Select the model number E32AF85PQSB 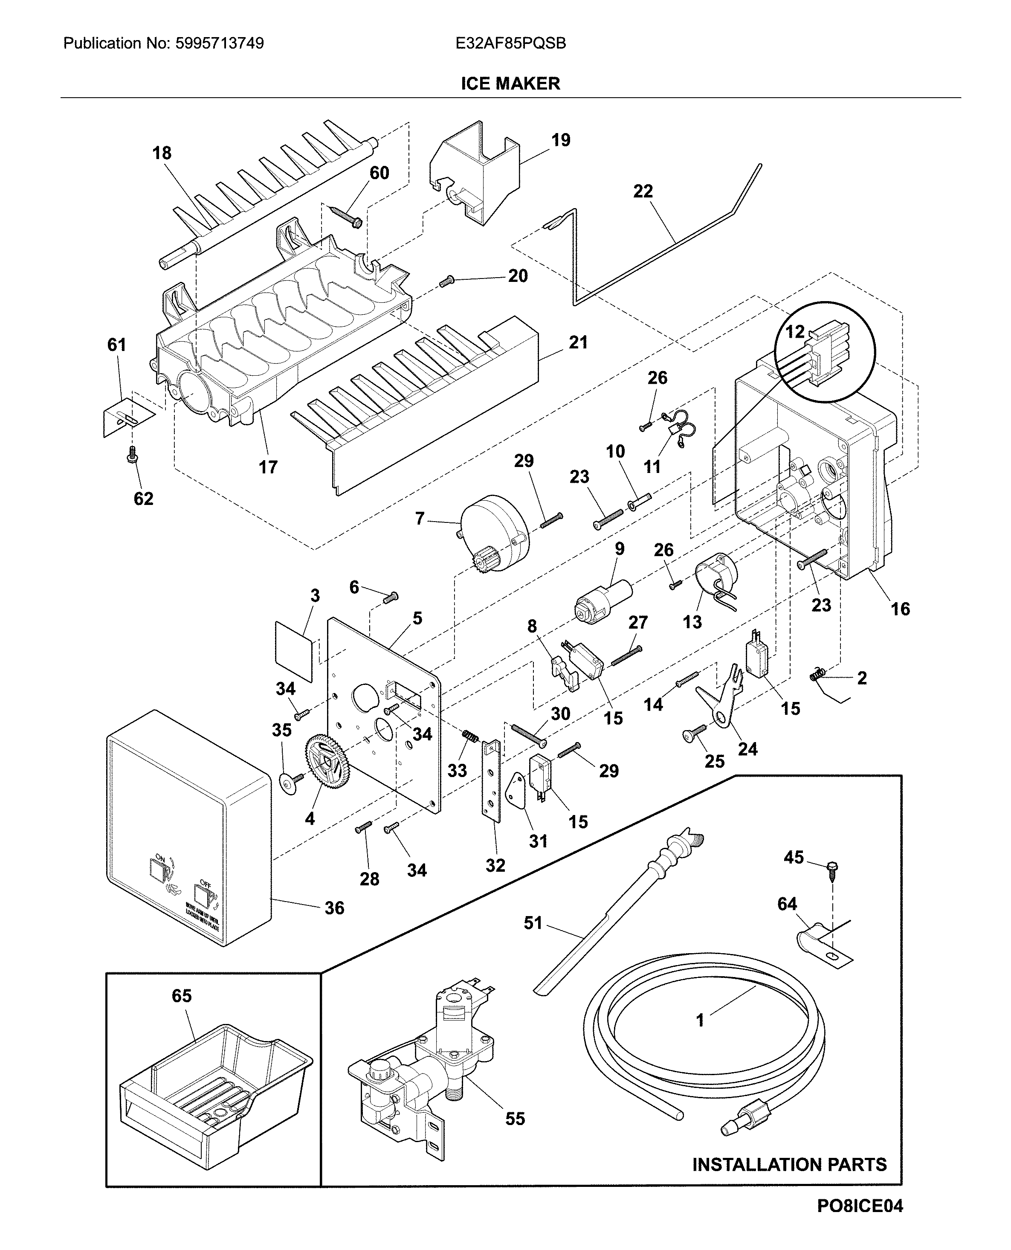click(511, 43)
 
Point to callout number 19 click(560, 140)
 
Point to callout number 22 click(643, 191)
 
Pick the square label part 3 click(294, 651)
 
